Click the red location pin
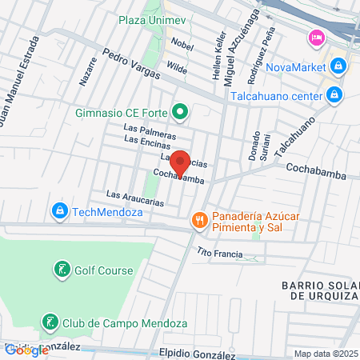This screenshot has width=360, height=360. point(182,162)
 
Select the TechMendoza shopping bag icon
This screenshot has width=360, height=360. point(58,212)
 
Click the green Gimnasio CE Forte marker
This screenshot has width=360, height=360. point(181,111)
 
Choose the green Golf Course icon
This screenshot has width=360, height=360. point(61,270)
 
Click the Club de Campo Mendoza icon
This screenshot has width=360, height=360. point(50,323)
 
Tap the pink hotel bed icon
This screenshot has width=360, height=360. point(317,38)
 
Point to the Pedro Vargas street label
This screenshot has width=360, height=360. point(129,65)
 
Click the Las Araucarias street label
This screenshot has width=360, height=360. point(134,198)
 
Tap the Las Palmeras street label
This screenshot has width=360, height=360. point(149,128)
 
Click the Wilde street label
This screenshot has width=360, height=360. point(177,70)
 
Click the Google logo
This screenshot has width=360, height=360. point(26,350)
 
